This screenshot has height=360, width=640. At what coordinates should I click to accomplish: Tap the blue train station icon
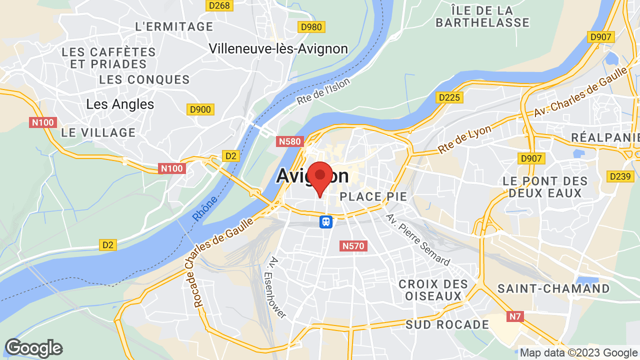click(x=326, y=221)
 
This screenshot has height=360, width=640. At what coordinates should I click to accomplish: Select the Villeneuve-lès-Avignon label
click(x=278, y=48)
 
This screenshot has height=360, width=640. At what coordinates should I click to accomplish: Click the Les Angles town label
click(x=120, y=104)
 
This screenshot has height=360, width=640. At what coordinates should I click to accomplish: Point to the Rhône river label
click(x=205, y=209)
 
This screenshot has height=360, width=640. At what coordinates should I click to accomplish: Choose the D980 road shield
click(x=311, y=27)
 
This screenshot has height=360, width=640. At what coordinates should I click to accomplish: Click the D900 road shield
click(x=200, y=109)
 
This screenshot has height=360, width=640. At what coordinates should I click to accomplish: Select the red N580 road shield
click(x=290, y=141)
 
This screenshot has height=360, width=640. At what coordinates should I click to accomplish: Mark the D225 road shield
click(x=448, y=98)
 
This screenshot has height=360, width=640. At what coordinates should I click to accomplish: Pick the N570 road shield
click(x=354, y=246)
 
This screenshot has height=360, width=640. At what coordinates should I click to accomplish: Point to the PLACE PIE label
click(x=373, y=196)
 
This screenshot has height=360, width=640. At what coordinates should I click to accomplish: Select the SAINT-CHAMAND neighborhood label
click(x=553, y=288)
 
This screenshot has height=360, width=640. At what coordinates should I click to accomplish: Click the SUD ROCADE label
click(x=447, y=324)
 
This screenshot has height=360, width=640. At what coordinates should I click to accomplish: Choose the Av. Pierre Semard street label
click(x=418, y=239)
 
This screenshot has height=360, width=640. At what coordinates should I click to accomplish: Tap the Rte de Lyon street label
click(x=465, y=139)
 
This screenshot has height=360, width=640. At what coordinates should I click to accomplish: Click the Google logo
click(x=33, y=348)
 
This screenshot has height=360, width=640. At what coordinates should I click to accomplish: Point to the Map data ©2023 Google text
click(x=578, y=353)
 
